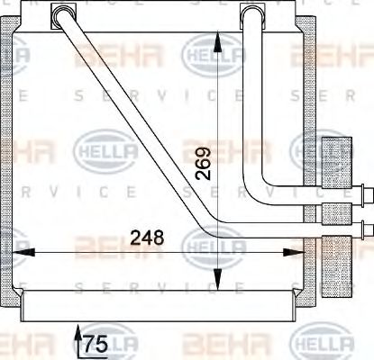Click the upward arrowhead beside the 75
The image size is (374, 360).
tap(76, 334)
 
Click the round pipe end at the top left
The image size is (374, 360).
tap(64, 15)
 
